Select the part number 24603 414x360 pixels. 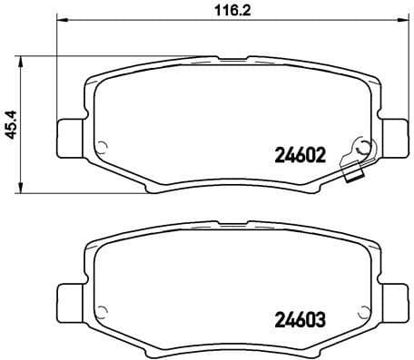tap(299, 319)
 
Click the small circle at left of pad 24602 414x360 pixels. tap(103, 147)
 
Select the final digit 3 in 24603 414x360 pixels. tap(320, 319)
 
